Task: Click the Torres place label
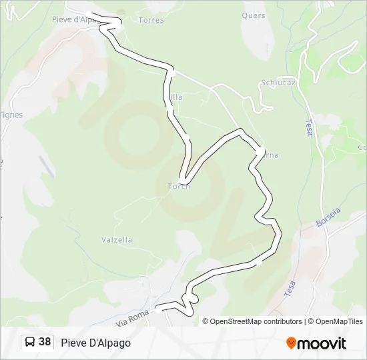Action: click(151, 20)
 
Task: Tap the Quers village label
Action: click(254, 15)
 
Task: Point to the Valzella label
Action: click(117, 240)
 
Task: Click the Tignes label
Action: click(11, 115)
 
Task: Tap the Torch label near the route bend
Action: click(179, 186)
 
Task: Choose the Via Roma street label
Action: click(132, 318)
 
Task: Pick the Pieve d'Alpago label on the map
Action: click(75, 19)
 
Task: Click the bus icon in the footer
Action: click(30, 342)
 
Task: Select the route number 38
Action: click(45, 342)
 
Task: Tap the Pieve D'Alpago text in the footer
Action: click(95, 343)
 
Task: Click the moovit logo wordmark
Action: click(322, 343)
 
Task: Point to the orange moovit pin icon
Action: click(291, 343)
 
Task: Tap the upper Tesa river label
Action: click(308, 127)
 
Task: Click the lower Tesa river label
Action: click(290, 288)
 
